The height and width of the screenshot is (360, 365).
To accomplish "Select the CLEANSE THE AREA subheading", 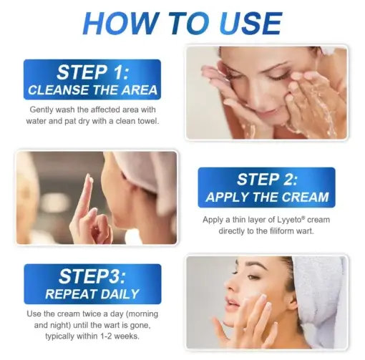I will coord(92,91).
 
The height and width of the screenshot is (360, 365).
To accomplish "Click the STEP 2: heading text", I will coord(266,179).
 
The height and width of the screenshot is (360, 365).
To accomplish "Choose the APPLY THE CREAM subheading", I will coord(266,197).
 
